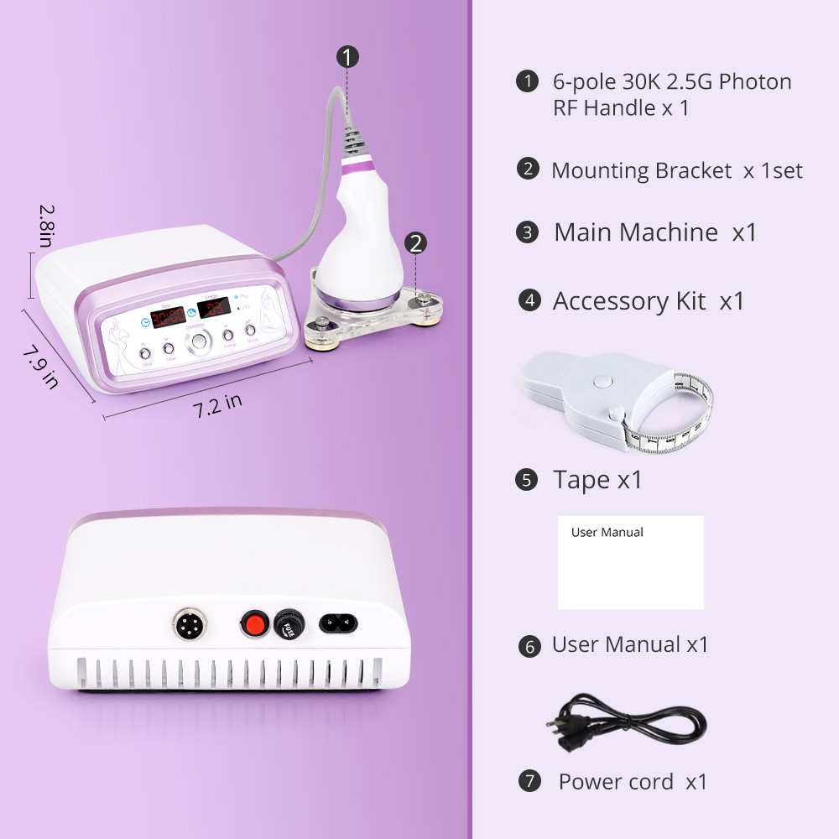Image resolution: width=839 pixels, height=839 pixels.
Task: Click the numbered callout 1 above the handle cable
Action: (x=348, y=57)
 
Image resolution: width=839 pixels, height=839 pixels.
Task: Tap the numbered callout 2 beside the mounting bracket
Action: (x=416, y=243)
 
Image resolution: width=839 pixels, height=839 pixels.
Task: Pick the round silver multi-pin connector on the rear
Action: (x=185, y=623)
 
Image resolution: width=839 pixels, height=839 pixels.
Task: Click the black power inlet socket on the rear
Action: (x=337, y=623)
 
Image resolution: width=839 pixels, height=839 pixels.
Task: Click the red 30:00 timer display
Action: (x=168, y=315)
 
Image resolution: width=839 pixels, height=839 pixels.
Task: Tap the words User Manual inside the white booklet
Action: (x=607, y=532)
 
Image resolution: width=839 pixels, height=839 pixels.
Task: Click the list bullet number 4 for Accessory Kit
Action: (x=529, y=300)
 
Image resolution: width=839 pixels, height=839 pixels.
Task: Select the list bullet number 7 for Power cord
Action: (x=529, y=781)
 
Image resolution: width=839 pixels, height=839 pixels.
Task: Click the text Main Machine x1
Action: (x=654, y=232)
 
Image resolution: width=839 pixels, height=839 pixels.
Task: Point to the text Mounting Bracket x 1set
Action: (x=676, y=171)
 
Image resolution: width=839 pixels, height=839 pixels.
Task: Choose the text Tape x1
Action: (x=597, y=480)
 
